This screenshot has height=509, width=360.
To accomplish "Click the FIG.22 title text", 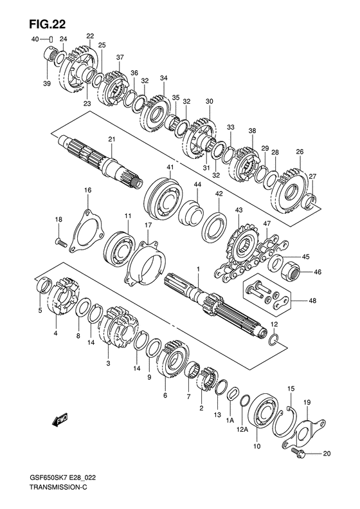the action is tap(47, 24).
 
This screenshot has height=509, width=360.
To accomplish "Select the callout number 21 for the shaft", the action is tap(112, 139).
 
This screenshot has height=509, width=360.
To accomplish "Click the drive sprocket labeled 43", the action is tap(244, 249).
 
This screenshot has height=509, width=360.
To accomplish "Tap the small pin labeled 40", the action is tap(51, 40).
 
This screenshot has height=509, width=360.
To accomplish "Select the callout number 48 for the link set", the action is tap(312, 301).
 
